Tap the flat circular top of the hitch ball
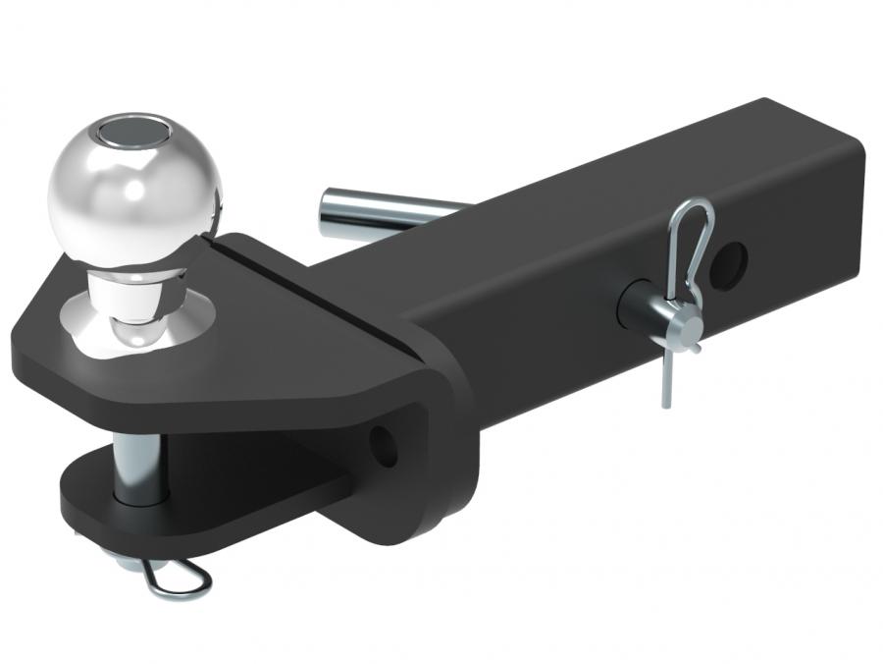coord(130,129)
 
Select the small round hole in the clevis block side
coord(385,447)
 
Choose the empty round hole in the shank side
coord(731,262)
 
